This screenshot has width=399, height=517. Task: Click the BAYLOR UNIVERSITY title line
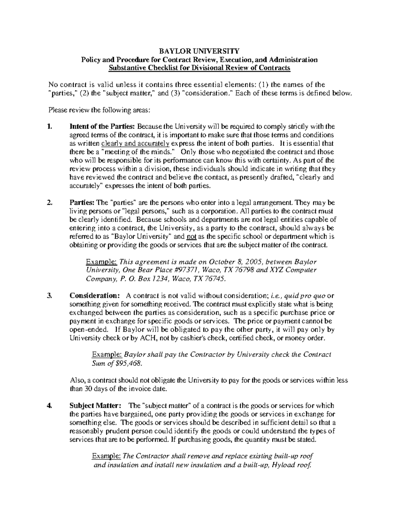point(199,51)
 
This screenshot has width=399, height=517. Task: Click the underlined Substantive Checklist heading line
point(199,68)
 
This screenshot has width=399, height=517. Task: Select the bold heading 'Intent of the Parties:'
point(102,127)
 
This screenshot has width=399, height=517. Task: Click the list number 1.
point(50,127)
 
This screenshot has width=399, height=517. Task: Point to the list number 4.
point(50,405)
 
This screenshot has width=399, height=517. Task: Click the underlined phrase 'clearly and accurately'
point(135,144)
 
